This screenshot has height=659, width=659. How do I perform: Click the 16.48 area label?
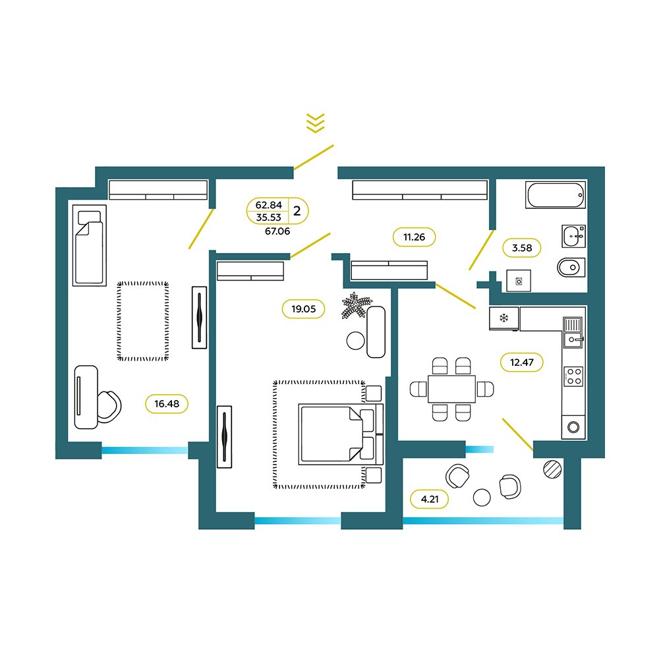167,404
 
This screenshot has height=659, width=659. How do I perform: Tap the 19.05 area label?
303,309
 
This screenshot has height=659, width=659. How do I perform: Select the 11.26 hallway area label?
414,237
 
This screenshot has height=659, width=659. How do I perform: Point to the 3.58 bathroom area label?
522,248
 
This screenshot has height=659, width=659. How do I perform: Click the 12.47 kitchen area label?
522,362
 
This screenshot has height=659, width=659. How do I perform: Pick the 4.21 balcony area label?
430,500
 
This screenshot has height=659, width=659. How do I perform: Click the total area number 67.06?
277,231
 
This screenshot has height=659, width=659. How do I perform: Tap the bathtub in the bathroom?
556,195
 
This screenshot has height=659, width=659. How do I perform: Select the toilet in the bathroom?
571,268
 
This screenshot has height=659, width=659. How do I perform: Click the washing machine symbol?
519,281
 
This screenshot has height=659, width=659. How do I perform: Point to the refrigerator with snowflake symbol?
504,318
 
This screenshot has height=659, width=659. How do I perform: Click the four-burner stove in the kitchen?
573,376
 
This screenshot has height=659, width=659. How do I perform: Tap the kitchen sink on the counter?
573,332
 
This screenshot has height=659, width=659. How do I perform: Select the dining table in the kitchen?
452,389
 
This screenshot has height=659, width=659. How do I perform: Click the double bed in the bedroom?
341,434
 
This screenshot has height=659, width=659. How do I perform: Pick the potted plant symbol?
357,305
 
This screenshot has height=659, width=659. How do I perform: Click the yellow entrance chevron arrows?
316,123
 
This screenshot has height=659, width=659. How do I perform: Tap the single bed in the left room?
90,245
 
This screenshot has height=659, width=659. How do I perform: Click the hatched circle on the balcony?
552,469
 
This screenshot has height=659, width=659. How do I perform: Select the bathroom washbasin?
574,236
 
